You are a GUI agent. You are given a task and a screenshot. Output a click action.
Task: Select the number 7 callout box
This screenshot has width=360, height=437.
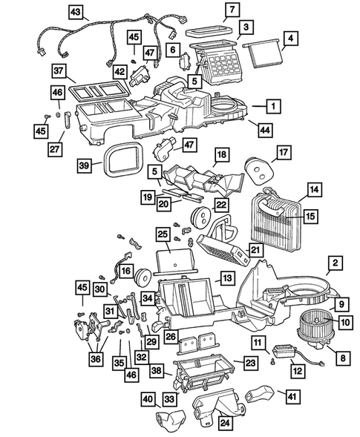tap(232, 10)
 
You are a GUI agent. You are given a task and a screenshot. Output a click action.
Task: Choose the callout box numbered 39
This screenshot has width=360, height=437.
tap(85, 165)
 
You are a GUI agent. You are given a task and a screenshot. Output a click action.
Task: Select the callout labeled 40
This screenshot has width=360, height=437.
tap(148, 399)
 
